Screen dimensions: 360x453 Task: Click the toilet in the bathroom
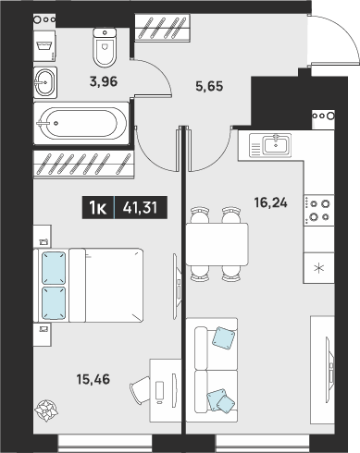coord(105,47)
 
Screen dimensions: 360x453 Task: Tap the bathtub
coord(81,123)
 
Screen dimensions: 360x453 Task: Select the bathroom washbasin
coord(45,82)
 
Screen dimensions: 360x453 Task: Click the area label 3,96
coord(104,82)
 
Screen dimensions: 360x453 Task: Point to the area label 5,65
coord(209,86)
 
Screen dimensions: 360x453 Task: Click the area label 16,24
coord(270,202)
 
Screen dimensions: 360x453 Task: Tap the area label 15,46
coord(93,379)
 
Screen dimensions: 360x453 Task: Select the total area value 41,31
coord(140,208)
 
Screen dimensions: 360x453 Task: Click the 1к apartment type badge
coord(98,208)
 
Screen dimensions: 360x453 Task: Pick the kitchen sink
coord(270,146)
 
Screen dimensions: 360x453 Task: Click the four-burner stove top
coord(318,210)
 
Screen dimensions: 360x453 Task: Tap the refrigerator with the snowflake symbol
coord(318,268)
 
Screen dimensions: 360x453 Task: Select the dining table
coord(217,244)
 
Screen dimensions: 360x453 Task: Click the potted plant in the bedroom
coord(46,410)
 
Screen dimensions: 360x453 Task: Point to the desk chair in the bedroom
coord(141,389)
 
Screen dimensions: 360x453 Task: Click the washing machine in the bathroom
coord(44,45)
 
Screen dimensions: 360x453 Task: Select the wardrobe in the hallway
coord(162,28)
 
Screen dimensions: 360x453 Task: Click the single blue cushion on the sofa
coord(224,337)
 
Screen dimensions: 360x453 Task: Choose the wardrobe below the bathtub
coord(83,165)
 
